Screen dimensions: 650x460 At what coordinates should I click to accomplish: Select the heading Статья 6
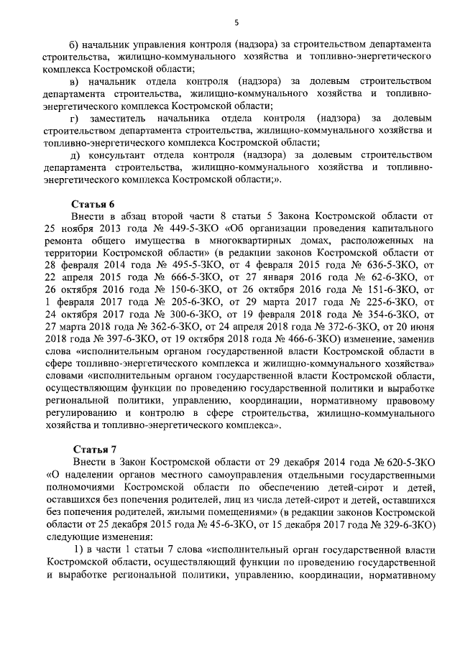[x=92, y=203]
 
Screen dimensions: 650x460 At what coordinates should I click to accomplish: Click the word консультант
[x=119, y=154]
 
